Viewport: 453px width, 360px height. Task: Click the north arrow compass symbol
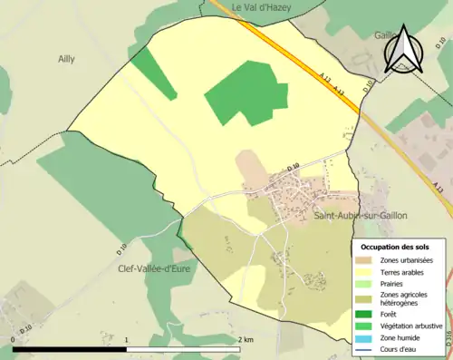click(x=400, y=49)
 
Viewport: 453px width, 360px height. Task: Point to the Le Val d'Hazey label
click(x=259, y=7)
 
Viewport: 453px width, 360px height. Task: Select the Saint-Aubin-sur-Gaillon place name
click(x=361, y=216)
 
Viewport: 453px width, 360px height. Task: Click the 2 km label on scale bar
click(x=246, y=339)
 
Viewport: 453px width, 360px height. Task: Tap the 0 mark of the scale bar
click(x=14, y=339)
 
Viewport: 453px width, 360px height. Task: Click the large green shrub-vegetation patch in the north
click(x=240, y=93)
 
